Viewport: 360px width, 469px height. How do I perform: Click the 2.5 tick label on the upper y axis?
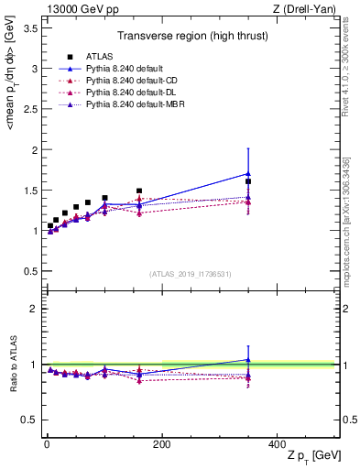click(x=29, y=109)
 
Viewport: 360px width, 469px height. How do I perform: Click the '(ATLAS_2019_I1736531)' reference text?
click(x=191, y=274)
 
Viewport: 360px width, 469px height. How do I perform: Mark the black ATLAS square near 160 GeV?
click(x=139, y=191)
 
